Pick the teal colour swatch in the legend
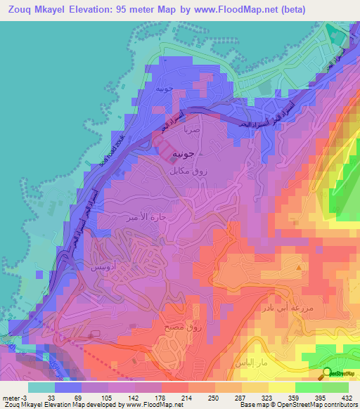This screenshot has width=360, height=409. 41,387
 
